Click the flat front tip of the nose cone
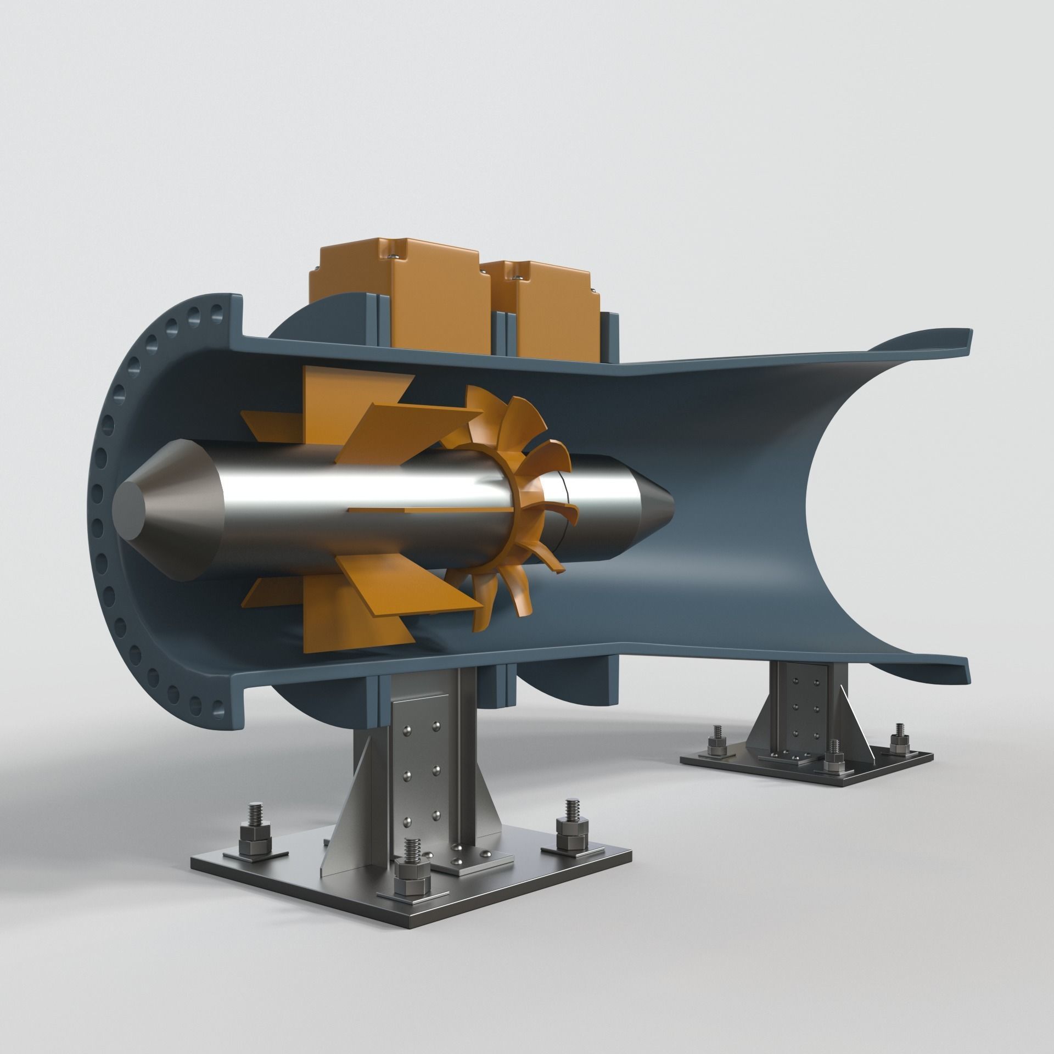click(130, 506)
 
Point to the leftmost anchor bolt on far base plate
click(717, 738)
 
